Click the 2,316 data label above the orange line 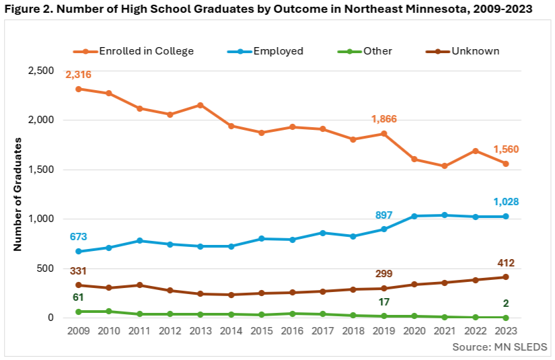pyautogui.click(x=78, y=75)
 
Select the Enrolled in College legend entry pyautogui.click(x=146, y=51)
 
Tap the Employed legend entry pyautogui.click(x=279, y=51)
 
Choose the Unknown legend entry pyautogui.click(x=476, y=51)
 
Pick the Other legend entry pyautogui.click(x=377, y=51)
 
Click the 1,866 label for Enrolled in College pyautogui.click(x=384, y=119)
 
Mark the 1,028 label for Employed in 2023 pyautogui.click(x=505, y=202)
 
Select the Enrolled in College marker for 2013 pyautogui.click(x=201, y=105)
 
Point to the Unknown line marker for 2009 pyautogui.click(x=79, y=285)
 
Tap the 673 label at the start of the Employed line pyautogui.click(x=78, y=237)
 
